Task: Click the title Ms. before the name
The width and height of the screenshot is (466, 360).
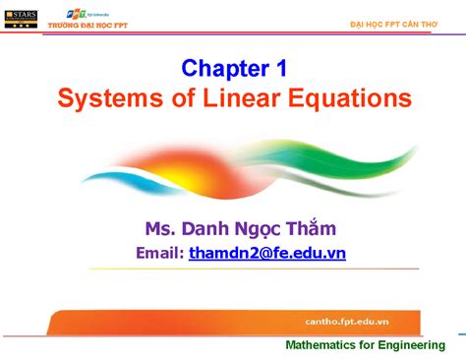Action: click(160, 229)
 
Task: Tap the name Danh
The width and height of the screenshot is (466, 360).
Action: click(205, 229)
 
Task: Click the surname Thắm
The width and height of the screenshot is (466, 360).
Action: click(316, 229)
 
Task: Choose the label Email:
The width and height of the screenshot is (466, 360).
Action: click(159, 254)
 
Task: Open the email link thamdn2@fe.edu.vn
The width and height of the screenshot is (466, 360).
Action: click(267, 254)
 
